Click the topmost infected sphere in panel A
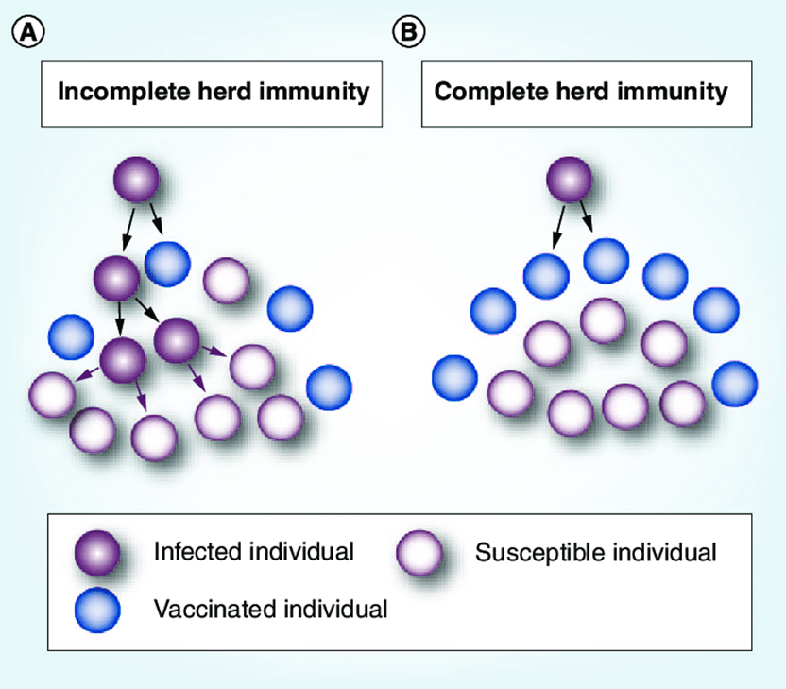(x=136, y=181)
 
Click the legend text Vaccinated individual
(x=269, y=610)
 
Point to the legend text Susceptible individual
(x=595, y=552)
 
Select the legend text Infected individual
(x=252, y=551)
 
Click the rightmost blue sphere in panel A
(x=329, y=386)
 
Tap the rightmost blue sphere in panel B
(x=734, y=381)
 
